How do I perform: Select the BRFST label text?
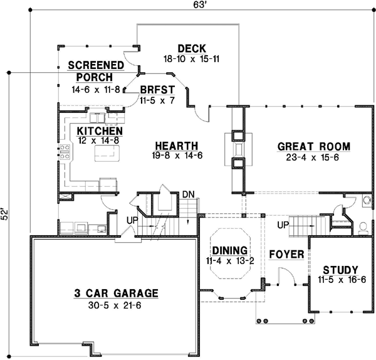click(153, 90)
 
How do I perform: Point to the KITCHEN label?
click(100, 130)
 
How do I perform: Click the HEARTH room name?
click(178, 145)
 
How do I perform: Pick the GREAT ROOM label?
click(313, 147)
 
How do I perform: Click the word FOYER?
click(286, 255)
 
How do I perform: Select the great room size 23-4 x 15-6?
click(313, 158)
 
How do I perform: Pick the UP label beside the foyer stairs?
click(283, 224)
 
